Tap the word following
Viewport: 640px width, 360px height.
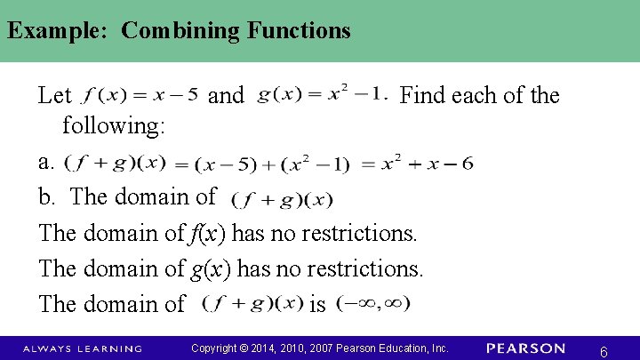click(114, 126)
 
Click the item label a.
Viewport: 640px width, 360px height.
click(46, 162)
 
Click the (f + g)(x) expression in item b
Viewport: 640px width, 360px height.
click(282, 199)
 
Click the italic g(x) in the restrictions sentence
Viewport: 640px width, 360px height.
click(207, 268)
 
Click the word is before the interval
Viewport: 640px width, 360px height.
click(317, 304)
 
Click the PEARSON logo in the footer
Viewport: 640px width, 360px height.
click(525, 348)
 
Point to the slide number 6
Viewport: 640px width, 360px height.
click(604, 352)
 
